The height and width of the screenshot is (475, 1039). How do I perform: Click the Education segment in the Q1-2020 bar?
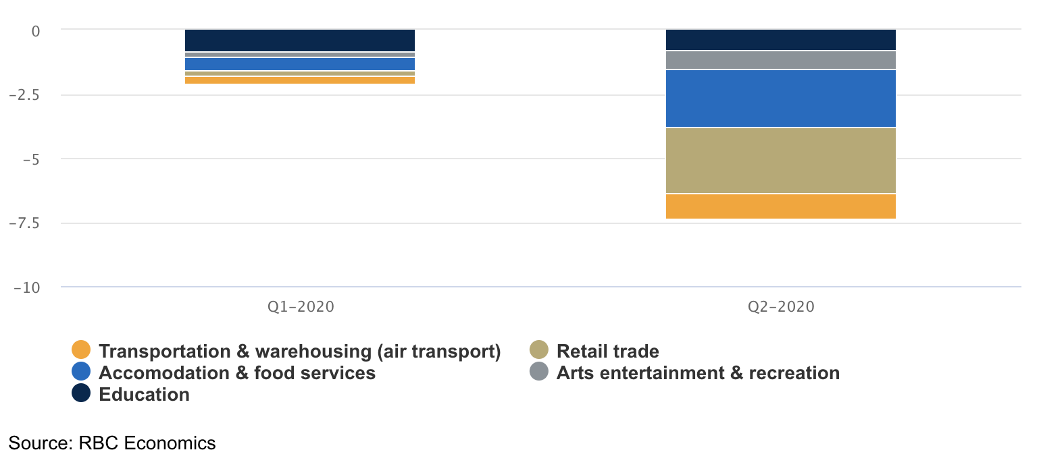click(x=299, y=40)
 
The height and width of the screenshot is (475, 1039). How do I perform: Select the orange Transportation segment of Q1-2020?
click(x=299, y=80)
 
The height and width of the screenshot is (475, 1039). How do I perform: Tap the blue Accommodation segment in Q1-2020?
click(x=299, y=64)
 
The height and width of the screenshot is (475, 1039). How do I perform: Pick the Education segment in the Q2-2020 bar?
click(x=780, y=40)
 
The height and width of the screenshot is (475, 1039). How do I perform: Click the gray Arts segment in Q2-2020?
click(x=780, y=60)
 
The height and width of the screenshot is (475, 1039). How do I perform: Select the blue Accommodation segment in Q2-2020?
click(x=780, y=99)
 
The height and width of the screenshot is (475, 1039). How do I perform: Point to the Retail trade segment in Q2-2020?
click(x=780, y=161)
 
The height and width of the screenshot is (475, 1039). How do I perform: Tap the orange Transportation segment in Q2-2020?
click(x=780, y=206)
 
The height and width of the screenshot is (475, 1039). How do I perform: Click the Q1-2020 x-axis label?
click(x=301, y=307)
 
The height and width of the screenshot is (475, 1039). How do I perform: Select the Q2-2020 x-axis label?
click(x=781, y=307)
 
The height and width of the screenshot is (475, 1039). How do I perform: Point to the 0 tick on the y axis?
click(x=36, y=30)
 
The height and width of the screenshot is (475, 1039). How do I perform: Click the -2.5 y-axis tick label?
click(x=24, y=95)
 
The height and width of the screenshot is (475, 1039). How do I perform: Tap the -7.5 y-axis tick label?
click(x=24, y=223)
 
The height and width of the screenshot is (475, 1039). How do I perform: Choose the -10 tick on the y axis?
click(x=27, y=287)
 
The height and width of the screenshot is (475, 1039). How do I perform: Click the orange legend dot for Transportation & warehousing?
click(x=81, y=351)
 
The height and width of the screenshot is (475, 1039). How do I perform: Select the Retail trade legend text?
click(x=607, y=352)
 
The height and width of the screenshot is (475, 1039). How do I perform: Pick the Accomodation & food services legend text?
click(x=237, y=373)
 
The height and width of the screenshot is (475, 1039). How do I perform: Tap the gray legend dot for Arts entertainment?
click(x=538, y=372)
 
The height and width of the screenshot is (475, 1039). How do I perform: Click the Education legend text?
click(x=144, y=395)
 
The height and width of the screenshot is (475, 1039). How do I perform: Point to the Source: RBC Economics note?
click(x=112, y=443)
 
